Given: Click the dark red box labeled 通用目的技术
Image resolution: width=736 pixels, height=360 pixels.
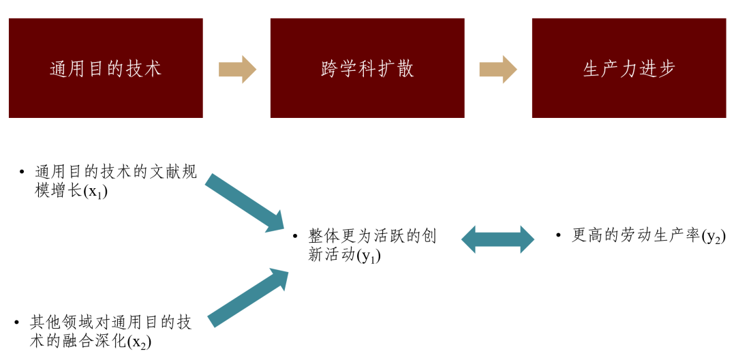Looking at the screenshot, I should (x=106, y=68).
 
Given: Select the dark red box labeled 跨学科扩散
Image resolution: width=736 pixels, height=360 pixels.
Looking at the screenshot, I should (x=367, y=68).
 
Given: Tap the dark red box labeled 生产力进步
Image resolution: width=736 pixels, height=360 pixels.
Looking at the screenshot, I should (x=629, y=68).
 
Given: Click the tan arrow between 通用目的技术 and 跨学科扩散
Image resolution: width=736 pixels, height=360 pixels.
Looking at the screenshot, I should (x=237, y=69).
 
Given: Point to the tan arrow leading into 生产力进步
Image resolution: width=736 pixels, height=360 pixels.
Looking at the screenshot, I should (x=498, y=69).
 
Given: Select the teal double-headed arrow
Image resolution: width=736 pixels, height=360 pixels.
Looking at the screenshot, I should (x=498, y=239).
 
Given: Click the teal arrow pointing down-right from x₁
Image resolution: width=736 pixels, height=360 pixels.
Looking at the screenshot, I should (x=245, y=202).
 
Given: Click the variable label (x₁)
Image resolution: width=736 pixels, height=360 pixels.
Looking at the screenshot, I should (x=95, y=192).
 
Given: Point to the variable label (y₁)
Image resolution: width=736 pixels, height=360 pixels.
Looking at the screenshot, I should (x=369, y=256).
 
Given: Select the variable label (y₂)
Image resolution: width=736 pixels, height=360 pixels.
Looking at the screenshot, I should (x=714, y=237).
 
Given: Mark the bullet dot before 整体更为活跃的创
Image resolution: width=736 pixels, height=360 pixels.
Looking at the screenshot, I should (x=295, y=237).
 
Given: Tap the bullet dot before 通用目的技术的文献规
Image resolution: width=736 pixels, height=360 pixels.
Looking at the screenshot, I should (x=22, y=172).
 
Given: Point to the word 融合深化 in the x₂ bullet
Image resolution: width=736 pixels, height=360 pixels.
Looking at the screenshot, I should (x=96, y=342).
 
